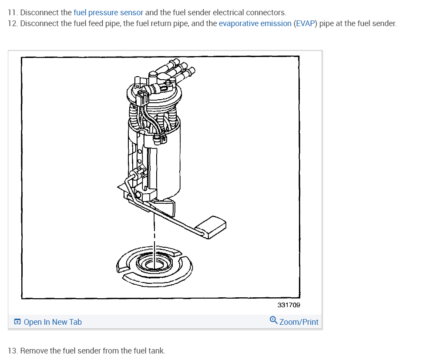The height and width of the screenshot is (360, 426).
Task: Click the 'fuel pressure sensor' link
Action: (x=108, y=12)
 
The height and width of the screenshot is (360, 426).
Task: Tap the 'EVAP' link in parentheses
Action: (x=306, y=23)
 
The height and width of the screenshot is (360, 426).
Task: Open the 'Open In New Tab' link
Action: (x=53, y=322)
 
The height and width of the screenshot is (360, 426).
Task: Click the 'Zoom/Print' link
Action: (x=299, y=322)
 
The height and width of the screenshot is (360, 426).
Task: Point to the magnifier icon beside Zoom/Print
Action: (x=273, y=320)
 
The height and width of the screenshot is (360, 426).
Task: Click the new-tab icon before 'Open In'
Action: (x=17, y=322)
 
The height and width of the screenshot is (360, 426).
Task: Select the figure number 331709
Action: (x=288, y=305)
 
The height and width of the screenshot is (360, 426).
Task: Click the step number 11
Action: (x=12, y=12)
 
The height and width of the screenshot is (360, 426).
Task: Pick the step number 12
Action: (x=13, y=23)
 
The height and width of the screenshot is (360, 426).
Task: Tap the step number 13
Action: (x=13, y=350)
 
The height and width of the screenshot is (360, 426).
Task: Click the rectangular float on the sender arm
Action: (x=211, y=227)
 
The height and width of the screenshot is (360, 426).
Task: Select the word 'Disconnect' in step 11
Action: (x=40, y=12)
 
